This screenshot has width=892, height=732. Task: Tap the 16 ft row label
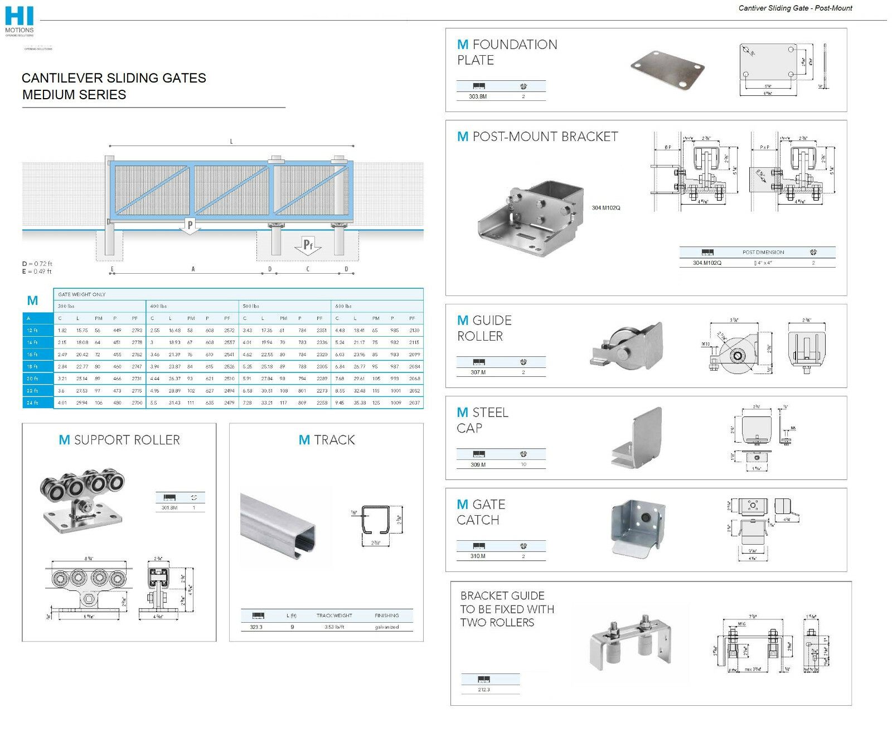point(32,355)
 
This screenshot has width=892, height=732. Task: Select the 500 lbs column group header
point(251,306)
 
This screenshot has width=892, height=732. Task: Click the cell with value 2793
point(137,331)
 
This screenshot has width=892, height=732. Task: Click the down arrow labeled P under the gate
point(190,226)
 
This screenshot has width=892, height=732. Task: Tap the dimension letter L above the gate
point(231,142)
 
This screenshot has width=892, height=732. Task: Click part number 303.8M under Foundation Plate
point(478,96)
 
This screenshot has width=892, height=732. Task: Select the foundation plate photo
point(667,70)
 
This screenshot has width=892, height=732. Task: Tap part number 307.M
point(478,372)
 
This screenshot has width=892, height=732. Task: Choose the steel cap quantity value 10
point(523,464)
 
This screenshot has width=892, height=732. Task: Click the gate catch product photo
point(639,527)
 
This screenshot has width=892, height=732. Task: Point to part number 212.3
point(483,690)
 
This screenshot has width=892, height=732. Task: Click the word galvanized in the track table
point(386,627)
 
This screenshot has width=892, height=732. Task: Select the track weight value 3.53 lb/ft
point(334,627)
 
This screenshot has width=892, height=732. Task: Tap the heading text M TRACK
point(327,440)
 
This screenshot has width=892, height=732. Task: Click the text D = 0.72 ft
point(37,264)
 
